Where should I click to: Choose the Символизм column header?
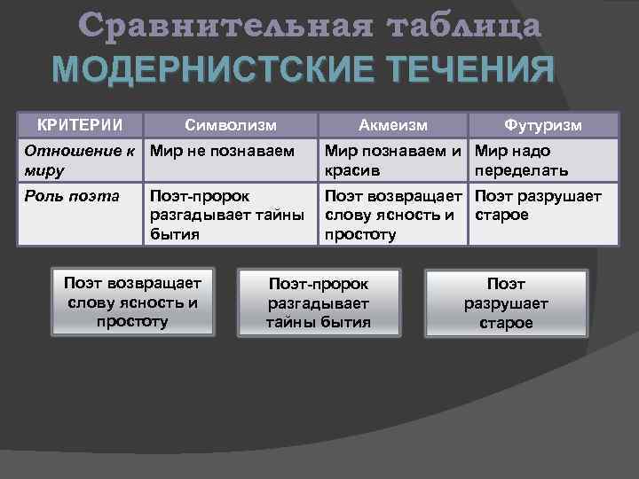point(231,124)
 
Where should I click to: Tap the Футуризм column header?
point(542,124)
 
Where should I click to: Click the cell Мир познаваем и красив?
point(395,159)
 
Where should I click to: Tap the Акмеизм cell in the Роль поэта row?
point(395,214)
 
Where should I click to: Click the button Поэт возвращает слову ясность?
point(133,302)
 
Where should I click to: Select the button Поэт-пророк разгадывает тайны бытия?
point(318,302)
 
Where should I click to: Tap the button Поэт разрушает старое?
point(506,302)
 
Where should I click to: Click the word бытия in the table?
point(174,234)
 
